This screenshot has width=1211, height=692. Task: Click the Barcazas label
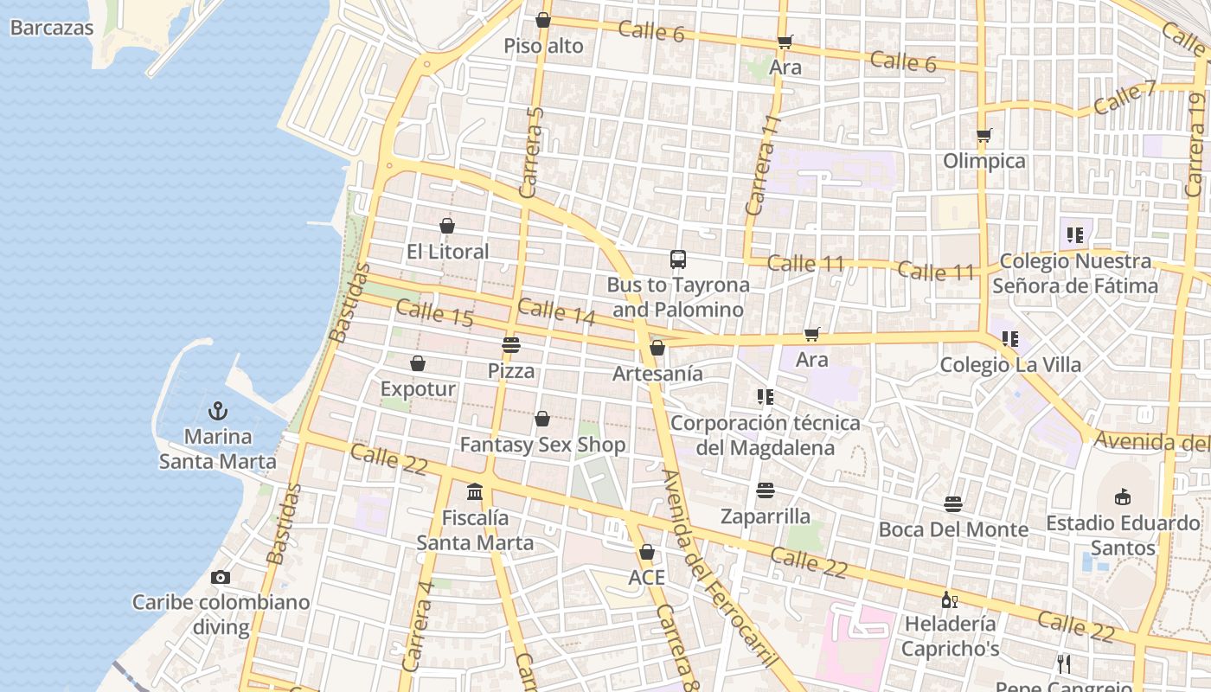[x=52, y=28]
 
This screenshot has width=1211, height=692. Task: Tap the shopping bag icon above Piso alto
[x=543, y=20]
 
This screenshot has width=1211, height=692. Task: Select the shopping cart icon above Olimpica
[x=984, y=135]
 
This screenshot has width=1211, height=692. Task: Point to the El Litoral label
[x=448, y=252]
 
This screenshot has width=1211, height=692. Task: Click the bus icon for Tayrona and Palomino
[x=678, y=259]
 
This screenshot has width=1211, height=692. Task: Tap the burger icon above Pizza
[x=511, y=345]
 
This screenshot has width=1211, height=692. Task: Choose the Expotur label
[x=418, y=389]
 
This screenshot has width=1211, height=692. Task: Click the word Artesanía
[x=657, y=374]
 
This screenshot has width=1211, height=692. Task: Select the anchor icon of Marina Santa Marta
[x=218, y=411]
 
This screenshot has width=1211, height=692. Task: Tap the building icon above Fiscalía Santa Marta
[x=475, y=492]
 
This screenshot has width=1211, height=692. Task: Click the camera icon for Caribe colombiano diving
[x=221, y=577]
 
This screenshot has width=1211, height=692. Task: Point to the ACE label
[x=646, y=577]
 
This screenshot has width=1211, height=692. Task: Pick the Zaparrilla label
[x=766, y=516]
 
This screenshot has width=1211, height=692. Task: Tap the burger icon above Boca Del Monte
[x=953, y=503]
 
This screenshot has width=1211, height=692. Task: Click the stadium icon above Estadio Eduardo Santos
[x=1123, y=497]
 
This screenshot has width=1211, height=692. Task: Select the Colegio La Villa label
[x=1010, y=365]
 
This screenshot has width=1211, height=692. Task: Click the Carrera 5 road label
[x=533, y=151]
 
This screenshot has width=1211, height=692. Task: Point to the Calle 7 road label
[x=1124, y=98]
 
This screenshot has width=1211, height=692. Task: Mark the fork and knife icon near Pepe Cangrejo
[x=1064, y=663]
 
